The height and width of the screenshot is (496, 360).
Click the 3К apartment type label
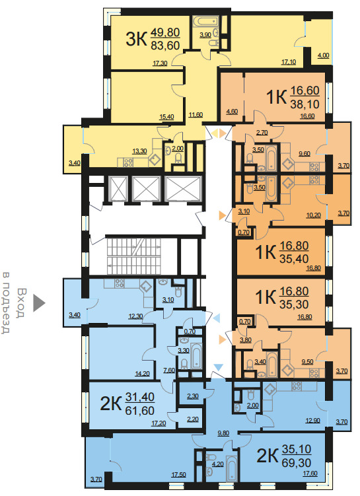tap(136, 40)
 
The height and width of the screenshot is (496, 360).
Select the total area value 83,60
tap(165, 46)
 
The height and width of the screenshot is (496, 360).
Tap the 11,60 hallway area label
tap(196, 115)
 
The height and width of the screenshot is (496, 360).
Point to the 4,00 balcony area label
tap(323, 55)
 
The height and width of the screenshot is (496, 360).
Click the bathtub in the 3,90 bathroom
tap(206, 22)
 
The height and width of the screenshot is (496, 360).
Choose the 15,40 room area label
tap(166, 117)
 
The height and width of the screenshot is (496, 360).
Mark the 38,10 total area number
tap(305, 104)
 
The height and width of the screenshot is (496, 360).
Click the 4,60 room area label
tap(232, 112)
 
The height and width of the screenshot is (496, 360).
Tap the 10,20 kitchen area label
tap(314, 215)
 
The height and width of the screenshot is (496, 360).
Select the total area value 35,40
tap(294, 259)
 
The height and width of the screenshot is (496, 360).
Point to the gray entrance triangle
tap(39, 303)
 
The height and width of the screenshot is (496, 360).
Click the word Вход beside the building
tap(22, 302)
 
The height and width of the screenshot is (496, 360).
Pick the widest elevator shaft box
tap(183, 188)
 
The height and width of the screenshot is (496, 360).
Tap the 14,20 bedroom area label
tap(143, 374)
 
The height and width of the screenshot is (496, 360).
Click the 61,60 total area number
tap(140, 411)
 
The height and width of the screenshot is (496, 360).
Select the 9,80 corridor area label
tap(223, 433)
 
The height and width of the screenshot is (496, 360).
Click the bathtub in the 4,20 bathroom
tap(233, 469)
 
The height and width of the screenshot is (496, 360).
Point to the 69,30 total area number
tap(297, 463)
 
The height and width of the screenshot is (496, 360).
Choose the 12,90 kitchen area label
tap(312, 421)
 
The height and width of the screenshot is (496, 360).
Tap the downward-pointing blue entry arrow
tap(219, 367)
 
